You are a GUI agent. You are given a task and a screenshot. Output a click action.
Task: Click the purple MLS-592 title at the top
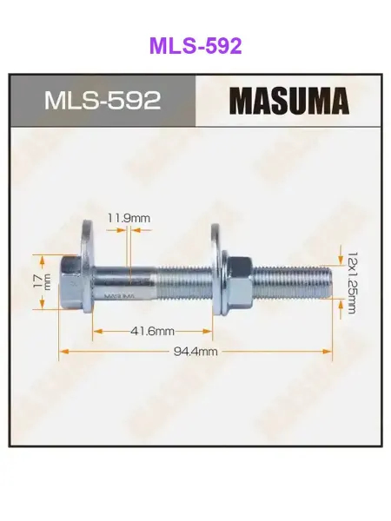coord(195,46)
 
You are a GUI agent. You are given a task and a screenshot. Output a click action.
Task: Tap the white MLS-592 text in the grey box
coord(103,101)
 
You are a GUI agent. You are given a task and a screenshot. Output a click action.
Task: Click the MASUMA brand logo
coord(289,101)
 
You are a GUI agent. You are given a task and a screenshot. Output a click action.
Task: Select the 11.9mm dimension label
coord(129,218)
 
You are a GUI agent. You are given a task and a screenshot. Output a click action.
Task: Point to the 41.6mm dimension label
coord(152,332)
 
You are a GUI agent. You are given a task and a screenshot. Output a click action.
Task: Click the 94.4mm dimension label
coord(195,351)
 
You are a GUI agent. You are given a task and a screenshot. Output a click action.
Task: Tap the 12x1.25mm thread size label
coord(352,283)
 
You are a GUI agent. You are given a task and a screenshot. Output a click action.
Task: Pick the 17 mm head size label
coord(43,281)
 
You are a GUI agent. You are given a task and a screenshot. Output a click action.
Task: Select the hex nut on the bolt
coord(240,282)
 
